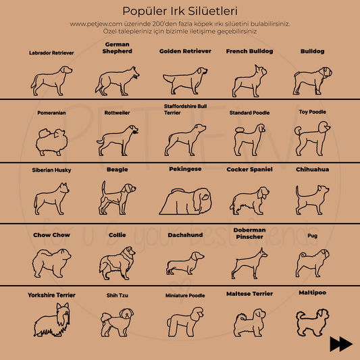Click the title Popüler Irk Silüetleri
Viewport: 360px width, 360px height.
[x=180, y=11]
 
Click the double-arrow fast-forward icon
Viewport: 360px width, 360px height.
[x=341, y=344]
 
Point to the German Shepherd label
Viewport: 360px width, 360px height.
[x=118, y=47]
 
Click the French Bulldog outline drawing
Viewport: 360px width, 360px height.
[x=250, y=79]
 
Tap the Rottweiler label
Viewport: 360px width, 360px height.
[x=118, y=113]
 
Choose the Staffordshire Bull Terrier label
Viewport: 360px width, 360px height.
[x=186, y=109]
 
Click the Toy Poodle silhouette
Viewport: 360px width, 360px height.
[x=312, y=138]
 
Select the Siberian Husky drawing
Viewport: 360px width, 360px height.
[x=51, y=199]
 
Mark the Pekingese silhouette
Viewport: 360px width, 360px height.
[x=183, y=200]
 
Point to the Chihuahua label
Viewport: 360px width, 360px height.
[x=312, y=170]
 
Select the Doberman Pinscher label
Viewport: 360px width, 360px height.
[x=249, y=234]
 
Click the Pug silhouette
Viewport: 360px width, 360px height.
[x=312, y=261]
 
